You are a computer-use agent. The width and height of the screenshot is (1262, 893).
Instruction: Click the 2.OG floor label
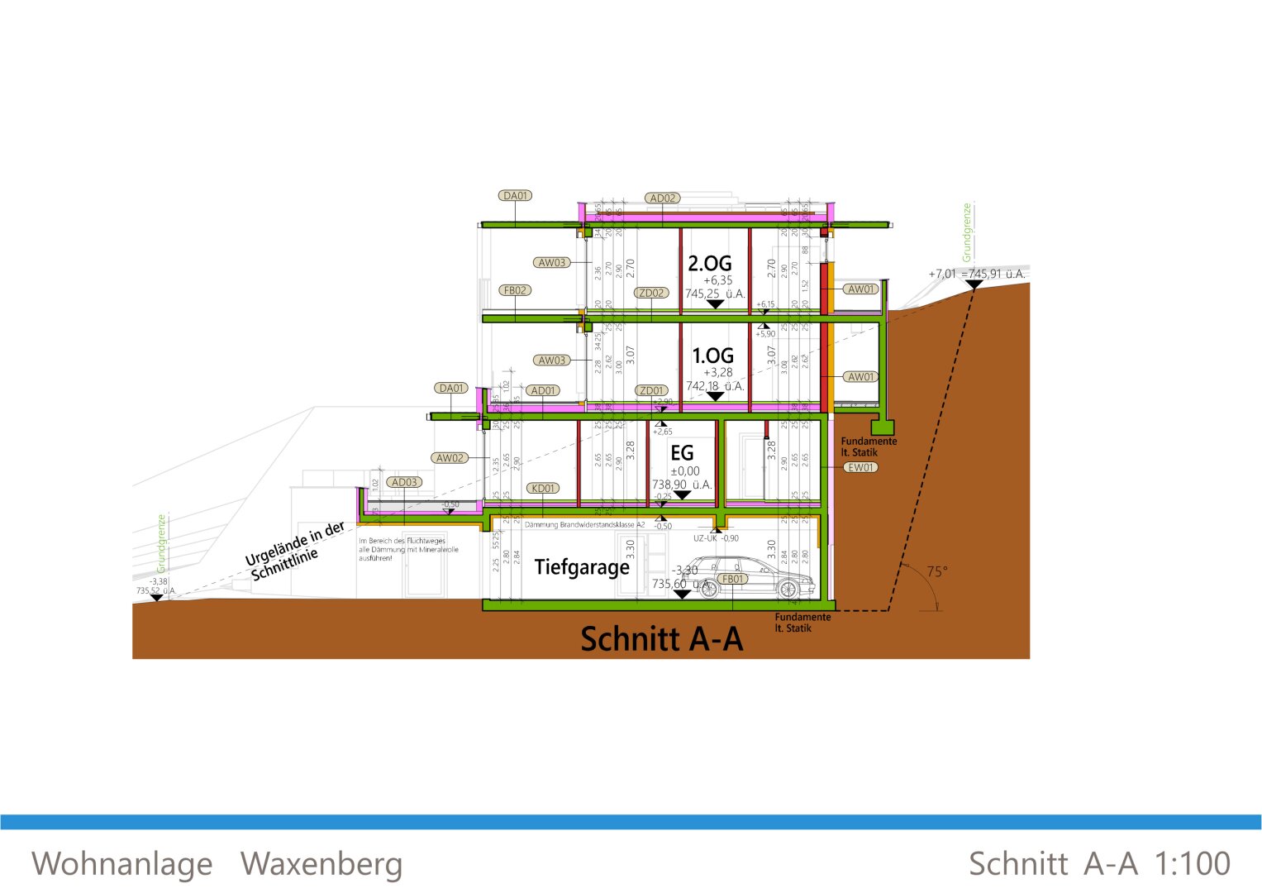[x=710, y=264]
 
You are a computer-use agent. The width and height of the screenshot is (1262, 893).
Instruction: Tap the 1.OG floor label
[x=712, y=356]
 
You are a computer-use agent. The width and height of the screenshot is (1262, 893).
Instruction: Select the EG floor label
[x=682, y=453]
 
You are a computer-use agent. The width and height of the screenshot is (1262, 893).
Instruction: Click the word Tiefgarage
[x=582, y=567]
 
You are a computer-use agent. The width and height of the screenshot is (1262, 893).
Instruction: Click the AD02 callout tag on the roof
[x=663, y=198]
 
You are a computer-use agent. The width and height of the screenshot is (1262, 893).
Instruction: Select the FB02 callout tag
[x=515, y=290]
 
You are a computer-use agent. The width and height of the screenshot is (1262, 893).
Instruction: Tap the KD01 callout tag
[x=543, y=489]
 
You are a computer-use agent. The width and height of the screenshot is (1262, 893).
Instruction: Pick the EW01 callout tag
[x=860, y=467]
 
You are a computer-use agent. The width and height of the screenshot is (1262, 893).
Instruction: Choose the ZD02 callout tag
[x=651, y=293]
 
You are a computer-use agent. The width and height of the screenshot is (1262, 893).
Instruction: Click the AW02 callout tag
[x=450, y=458]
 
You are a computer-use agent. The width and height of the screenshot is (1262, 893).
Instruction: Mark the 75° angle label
[x=936, y=571]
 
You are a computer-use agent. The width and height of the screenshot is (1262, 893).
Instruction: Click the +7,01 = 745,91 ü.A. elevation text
[x=976, y=274]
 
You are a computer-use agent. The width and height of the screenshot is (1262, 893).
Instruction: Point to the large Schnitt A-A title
[x=661, y=639]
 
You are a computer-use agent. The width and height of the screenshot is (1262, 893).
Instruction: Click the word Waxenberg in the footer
[x=321, y=864]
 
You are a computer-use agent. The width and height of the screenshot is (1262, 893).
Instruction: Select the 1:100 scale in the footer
[x=1192, y=864]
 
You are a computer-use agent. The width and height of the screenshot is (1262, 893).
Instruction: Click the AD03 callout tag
[x=405, y=482]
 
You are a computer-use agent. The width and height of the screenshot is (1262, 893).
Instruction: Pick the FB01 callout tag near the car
[x=733, y=579]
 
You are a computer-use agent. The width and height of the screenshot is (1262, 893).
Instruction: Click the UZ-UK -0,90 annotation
[x=716, y=538]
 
